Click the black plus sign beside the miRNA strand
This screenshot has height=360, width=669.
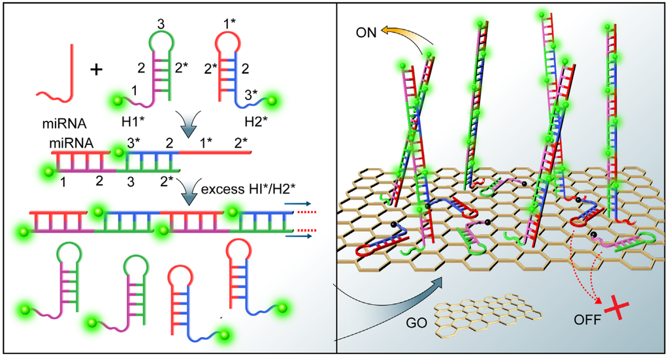click(96, 69)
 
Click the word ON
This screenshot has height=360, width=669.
click(368, 32)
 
